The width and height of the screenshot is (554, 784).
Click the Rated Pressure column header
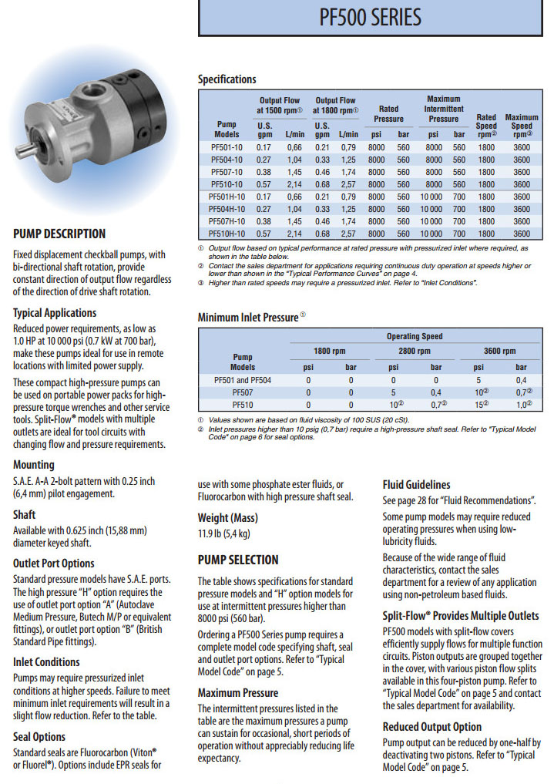pos(388,114)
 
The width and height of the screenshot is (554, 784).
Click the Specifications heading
pos(227,79)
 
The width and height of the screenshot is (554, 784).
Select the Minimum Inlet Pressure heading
pos(247,317)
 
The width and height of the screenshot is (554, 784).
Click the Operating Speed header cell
pos(414,336)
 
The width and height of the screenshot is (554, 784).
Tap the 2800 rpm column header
pos(415,351)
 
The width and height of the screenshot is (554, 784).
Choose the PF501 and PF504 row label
pos(242,380)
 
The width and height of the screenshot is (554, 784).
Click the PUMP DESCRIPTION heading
pos(59,234)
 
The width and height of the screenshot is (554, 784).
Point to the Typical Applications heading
pos(55,313)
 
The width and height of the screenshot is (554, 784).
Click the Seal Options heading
pos(39,737)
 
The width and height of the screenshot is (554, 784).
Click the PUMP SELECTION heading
pos(238,560)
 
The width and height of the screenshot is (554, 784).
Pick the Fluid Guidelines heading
pos(416,485)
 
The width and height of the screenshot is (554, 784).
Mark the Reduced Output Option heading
pos(431,726)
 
